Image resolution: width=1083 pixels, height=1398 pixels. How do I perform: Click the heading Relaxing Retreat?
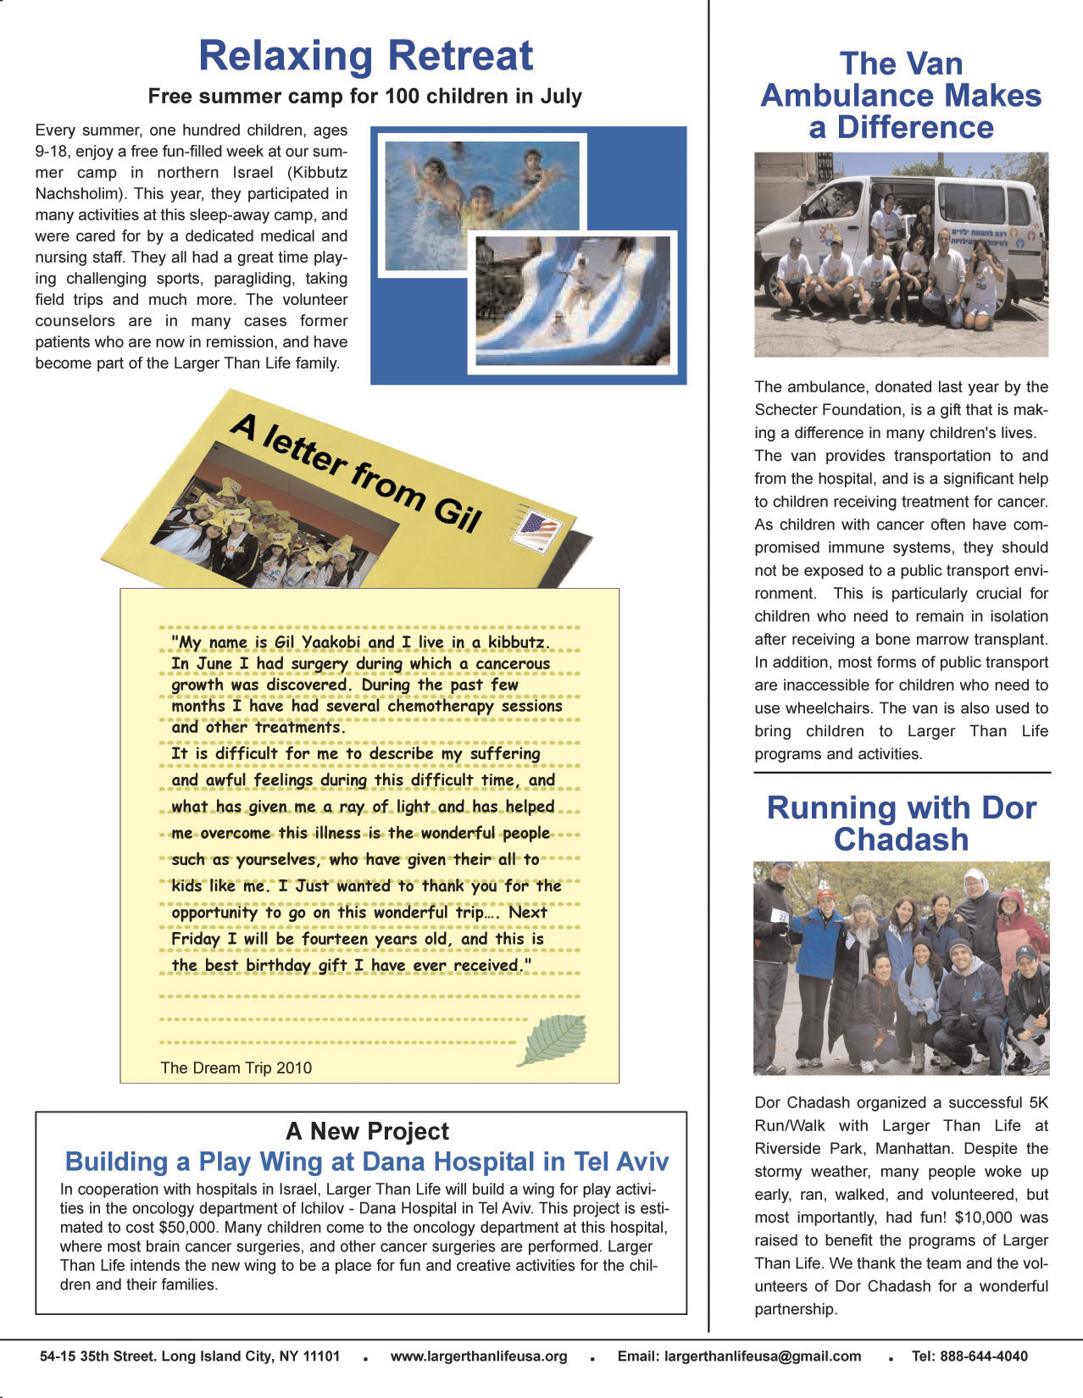[x=365, y=56]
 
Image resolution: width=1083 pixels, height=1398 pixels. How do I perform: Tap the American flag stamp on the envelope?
[x=538, y=531]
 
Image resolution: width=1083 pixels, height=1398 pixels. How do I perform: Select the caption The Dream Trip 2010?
[x=236, y=1068]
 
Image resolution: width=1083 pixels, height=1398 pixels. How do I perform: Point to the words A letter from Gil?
[x=356, y=471]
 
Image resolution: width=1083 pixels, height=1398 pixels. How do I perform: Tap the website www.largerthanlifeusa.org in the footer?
[x=479, y=1356]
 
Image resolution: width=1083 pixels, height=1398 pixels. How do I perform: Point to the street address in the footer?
[x=190, y=1356]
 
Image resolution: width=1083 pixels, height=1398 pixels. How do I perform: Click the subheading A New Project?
[x=367, y=1131]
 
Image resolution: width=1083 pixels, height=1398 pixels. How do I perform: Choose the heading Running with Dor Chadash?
[x=901, y=824]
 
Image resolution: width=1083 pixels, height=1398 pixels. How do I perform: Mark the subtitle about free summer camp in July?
[x=365, y=96]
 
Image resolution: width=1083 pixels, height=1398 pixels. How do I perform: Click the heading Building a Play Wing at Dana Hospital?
[x=367, y=1162]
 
